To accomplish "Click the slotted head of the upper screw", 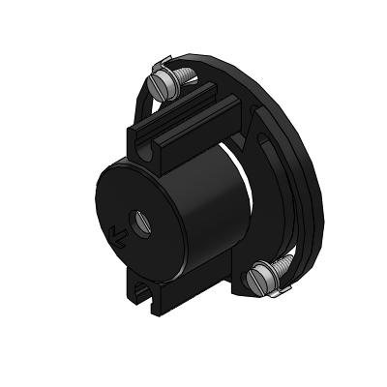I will [x=162, y=86].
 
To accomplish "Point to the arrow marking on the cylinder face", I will [x=118, y=233].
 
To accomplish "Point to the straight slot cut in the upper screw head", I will [x=162, y=86].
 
